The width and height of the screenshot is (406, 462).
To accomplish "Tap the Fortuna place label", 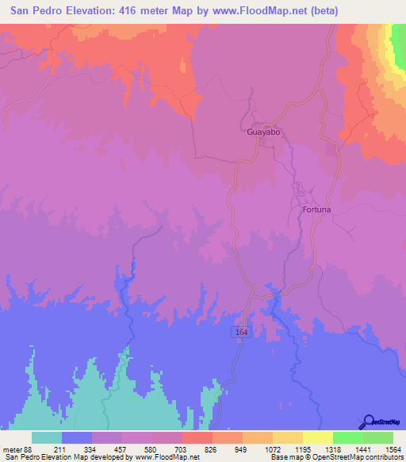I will coord(316,210).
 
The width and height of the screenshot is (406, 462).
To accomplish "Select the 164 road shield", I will coord(242,333).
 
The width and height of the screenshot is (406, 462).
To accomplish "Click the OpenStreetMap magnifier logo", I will coord(368,422).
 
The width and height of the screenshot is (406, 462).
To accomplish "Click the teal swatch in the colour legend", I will coord(46,438).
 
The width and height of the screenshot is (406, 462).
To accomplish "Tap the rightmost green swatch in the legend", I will coord(377,438).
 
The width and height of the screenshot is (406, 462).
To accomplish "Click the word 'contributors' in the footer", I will coord(382,456).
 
